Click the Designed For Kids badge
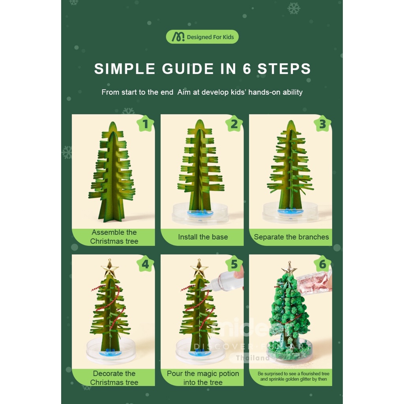tap(202, 37)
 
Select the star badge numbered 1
tap(145, 124)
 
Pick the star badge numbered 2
tap(234, 124)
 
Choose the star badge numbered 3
tap(322, 124)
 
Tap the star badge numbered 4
tap(145, 264)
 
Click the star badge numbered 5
tap(234, 264)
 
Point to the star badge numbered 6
tap(322, 264)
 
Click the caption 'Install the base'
tap(203, 237)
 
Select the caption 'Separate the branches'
tap(291, 237)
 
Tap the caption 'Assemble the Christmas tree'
tap(114, 237)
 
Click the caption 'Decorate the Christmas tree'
tap(114, 378)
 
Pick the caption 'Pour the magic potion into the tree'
tap(203, 378)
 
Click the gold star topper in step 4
tap(110, 269)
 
